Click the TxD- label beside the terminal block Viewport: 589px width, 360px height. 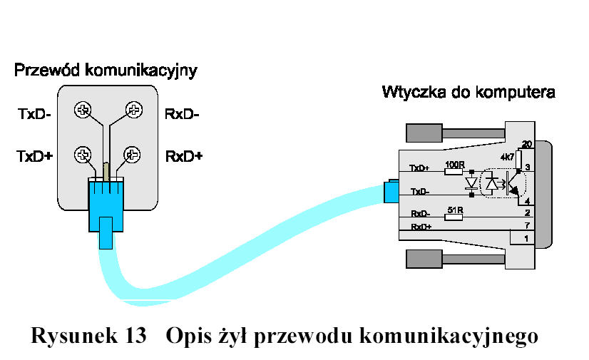tap(34, 114)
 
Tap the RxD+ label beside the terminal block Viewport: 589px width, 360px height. tap(184, 156)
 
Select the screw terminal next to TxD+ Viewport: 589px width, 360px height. tap(83, 155)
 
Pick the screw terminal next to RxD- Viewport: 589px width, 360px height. tap(134, 110)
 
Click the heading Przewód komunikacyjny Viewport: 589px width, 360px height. tap(106, 70)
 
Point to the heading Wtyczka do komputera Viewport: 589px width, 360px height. tap(468, 92)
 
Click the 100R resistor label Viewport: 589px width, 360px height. tap(455, 165)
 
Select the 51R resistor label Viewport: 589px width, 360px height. tap(455, 210)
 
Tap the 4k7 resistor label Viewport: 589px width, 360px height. tap(507, 157)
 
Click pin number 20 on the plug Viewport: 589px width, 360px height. tap(527, 144)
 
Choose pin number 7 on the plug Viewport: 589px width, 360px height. tap(528, 225)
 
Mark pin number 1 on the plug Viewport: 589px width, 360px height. tap(526, 238)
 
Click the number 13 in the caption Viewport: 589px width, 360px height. tap(135, 335)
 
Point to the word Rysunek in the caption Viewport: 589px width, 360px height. tap(73, 336)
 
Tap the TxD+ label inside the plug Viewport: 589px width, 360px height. tap(419, 168)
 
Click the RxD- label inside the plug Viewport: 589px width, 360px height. tap(420, 214)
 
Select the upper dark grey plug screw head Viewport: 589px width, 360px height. tap(424, 133)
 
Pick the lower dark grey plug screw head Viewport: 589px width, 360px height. tap(424, 259)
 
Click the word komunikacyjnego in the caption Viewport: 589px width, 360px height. tap(449, 336)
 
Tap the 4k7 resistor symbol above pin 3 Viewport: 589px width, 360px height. tap(518, 160)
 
